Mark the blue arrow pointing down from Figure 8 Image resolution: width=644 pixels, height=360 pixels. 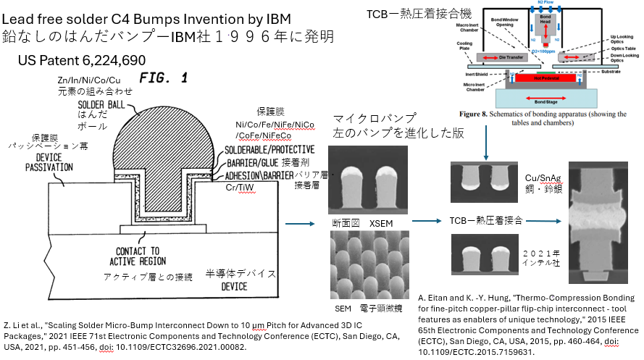coord(485,141)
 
